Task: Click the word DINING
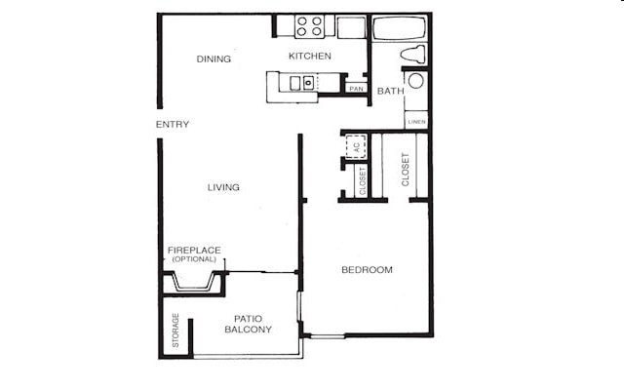(x=214, y=59)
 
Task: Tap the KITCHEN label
(x=310, y=57)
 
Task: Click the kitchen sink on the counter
(x=307, y=83)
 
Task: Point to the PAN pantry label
(x=356, y=90)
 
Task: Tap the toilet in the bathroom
(x=415, y=54)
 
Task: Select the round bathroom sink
(x=416, y=81)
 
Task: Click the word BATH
(x=390, y=92)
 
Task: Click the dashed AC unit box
(x=356, y=146)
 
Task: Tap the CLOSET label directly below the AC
(x=363, y=181)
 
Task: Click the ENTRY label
(x=173, y=125)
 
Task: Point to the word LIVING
(x=223, y=187)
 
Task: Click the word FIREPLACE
(x=194, y=251)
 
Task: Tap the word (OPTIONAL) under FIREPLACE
(x=194, y=260)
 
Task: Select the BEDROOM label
(x=367, y=270)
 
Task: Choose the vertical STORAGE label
(x=175, y=331)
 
